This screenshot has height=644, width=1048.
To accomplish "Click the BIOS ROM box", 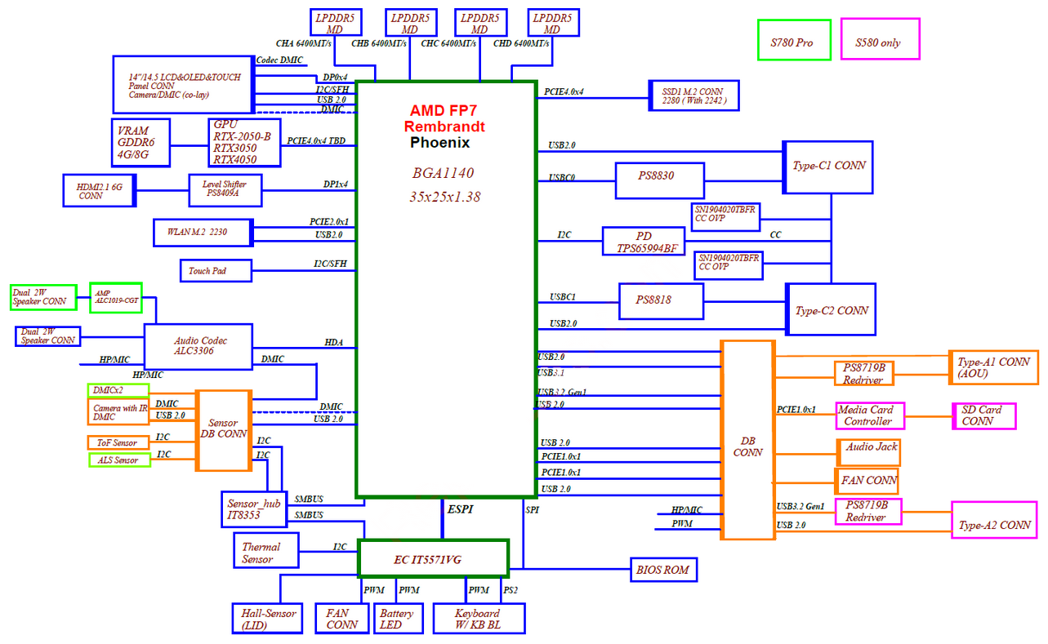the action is (663, 570).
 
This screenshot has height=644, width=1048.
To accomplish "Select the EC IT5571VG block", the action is (433, 559).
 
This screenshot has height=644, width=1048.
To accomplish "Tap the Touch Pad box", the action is (216, 271).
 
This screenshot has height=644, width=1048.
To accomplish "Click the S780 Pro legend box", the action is (794, 40).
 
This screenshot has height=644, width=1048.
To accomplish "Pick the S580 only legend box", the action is (880, 39).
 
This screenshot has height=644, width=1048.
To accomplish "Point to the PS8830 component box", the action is (660, 181).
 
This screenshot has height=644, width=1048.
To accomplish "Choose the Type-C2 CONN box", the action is (831, 309).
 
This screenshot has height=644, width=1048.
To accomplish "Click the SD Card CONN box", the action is (984, 416).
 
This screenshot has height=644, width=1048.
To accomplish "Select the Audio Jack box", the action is (868, 452).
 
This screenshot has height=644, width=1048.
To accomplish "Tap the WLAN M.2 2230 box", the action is (203, 233).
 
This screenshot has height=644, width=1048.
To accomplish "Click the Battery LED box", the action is (399, 619).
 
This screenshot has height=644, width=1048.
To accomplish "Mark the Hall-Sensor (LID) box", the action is (267, 619).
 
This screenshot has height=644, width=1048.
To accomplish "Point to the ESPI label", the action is (460, 509).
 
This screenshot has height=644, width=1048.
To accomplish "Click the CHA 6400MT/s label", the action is (304, 43).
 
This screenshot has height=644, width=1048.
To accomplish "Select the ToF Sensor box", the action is (118, 442).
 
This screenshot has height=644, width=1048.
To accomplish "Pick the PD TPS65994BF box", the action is (644, 241).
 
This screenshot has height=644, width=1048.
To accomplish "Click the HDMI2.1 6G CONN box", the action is (100, 191).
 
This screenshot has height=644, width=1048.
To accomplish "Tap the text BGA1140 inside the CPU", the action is (443, 173).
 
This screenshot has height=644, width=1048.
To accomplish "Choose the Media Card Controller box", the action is (870, 416).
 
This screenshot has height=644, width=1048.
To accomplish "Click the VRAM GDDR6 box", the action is (140, 143).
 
